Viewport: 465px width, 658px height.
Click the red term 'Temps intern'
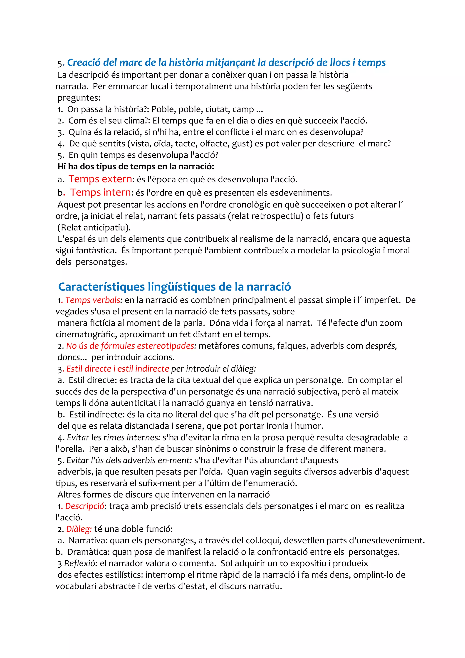pyautogui.click(x=100, y=192)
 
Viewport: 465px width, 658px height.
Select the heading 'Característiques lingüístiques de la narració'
pyautogui.click(x=174, y=287)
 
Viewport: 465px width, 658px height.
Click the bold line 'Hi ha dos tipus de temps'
pyautogui.click(x=136, y=166)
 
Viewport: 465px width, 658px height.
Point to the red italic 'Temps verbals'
pyautogui.click(x=93, y=300)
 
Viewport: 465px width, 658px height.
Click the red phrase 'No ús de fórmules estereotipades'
pyautogui.click(x=130, y=346)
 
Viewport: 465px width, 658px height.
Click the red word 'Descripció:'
pyautogui.click(x=85, y=506)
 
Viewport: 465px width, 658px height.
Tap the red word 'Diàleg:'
pyautogui.click(x=79, y=529)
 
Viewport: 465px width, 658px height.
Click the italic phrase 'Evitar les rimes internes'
pyautogui.click(x=113, y=438)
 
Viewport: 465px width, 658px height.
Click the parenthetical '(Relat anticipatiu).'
pyautogui.click(x=94, y=228)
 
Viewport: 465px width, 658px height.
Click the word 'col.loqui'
pyautogui.click(x=262, y=540)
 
